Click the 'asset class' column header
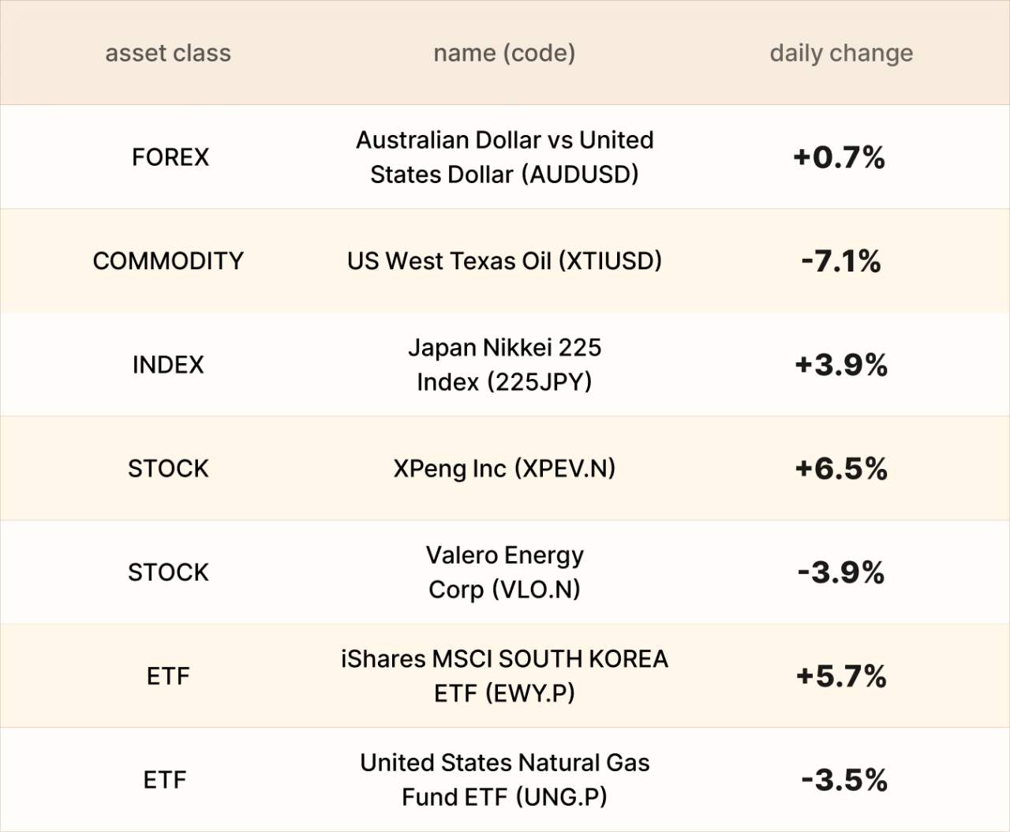(168, 53)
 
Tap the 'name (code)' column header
(504, 53)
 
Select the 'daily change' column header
(841, 53)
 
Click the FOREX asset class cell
(170, 157)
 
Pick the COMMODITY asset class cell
(168, 261)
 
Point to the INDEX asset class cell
(168, 365)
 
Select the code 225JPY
(539, 382)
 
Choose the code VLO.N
(536, 590)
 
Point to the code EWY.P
(529, 693)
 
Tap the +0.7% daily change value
(839, 157)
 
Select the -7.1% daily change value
(841, 261)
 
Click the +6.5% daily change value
(841, 469)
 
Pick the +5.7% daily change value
(841, 676)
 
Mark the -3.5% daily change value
(844, 780)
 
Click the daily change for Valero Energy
(841, 572)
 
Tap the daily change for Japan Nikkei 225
(841, 365)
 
